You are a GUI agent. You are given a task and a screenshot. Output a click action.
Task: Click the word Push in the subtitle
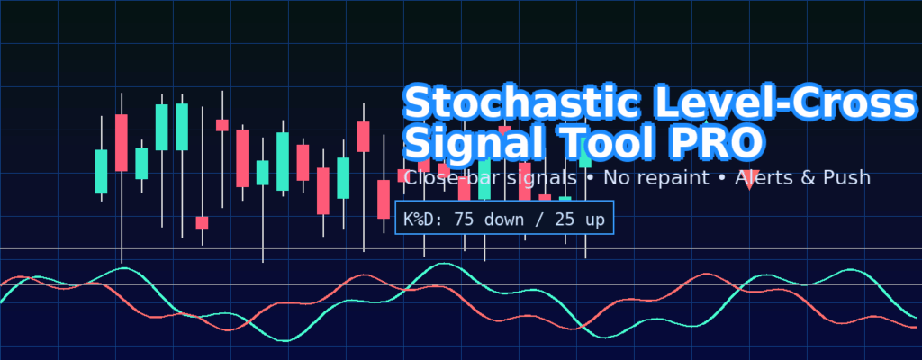point(848,177)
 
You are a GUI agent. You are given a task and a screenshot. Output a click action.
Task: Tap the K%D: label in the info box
point(422,220)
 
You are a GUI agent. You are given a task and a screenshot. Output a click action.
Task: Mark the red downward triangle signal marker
point(749,180)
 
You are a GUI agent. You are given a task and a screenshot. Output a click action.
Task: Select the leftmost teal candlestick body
point(101,172)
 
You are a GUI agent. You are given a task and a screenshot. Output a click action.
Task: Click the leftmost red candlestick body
point(122,143)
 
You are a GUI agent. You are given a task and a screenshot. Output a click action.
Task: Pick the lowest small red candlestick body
point(203,223)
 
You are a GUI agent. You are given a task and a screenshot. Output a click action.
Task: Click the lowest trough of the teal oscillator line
point(285,340)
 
